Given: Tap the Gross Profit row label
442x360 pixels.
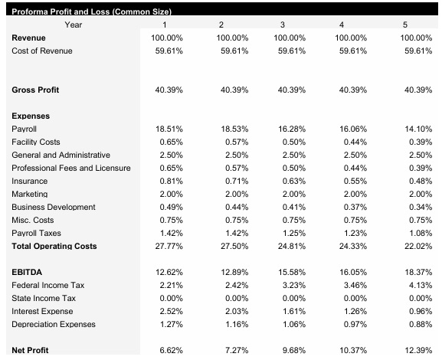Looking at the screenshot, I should point(35,90).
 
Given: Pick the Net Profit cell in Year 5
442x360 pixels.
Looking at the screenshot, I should point(417,350).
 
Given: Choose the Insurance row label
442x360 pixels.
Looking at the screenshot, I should point(30,181).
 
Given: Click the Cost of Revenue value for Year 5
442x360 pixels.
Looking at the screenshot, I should point(417,51).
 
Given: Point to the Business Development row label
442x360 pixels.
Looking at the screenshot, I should point(54,207).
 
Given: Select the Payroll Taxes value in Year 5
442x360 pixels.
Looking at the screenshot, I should point(417,233).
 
